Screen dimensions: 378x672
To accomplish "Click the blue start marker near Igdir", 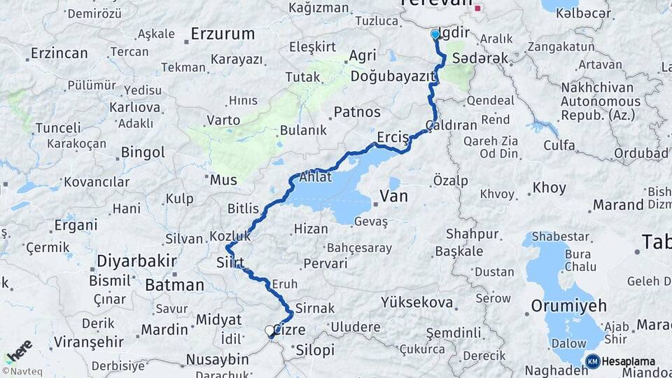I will tap(435, 34).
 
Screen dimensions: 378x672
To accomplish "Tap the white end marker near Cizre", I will tap(269, 330).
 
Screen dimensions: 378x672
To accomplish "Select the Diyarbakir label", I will tap(136, 260).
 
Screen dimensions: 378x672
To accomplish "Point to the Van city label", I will tap(393, 197).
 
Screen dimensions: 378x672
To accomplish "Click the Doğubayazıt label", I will tap(389, 76).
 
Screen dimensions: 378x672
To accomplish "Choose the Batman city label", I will tap(174, 285).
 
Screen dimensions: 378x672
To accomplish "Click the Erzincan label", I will tap(59, 53).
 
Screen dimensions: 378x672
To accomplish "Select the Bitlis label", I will tap(243, 209).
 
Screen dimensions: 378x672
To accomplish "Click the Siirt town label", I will tap(230, 263).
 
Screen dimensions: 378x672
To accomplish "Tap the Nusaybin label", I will tap(217, 360).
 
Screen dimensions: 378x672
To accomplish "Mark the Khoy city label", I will tap(549, 188).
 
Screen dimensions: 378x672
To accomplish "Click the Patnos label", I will tap(357, 112).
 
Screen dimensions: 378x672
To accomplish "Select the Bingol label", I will tap(143, 152).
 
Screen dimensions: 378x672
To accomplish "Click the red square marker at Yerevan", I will tap(478, 9).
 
